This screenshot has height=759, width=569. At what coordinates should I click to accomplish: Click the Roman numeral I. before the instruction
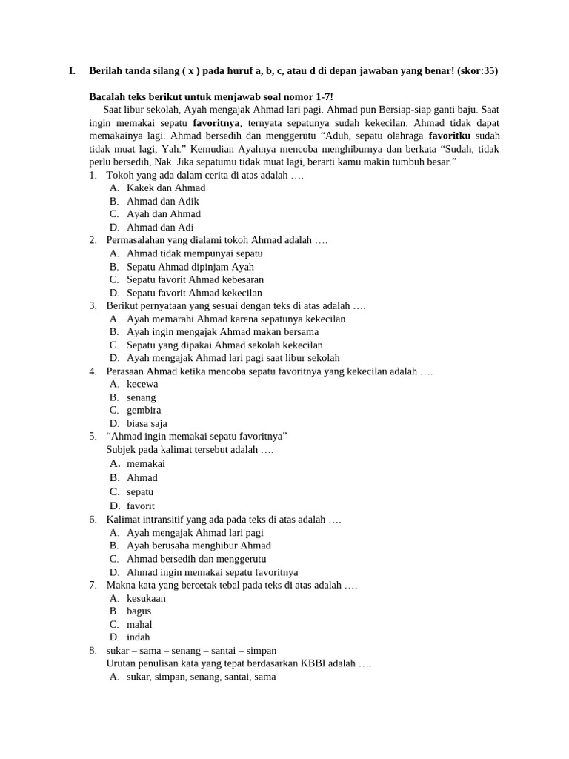[72, 71]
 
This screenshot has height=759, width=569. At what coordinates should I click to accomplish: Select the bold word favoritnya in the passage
[216, 122]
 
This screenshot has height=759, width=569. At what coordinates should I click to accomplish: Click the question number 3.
[93, 305]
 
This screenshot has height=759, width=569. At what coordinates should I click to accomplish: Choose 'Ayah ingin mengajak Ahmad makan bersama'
[222, 332]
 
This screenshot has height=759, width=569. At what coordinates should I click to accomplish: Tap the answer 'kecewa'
[142, 384]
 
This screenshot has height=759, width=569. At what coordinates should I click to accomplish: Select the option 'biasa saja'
[147, 423]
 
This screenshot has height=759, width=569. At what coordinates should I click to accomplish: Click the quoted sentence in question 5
[197, 436]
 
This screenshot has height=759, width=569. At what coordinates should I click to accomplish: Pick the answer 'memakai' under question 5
[146, 463]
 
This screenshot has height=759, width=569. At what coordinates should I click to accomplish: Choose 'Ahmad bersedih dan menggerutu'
[196, 559]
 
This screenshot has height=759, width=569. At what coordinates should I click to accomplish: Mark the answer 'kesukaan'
[146, 598]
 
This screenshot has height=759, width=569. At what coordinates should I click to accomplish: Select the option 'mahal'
[139, 624]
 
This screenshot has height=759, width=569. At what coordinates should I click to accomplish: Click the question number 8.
[93, 650]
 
